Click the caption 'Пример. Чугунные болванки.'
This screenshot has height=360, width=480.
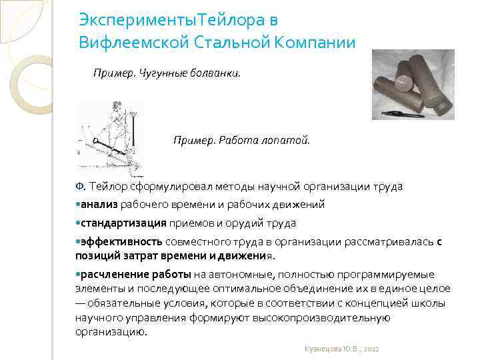coord(167,72)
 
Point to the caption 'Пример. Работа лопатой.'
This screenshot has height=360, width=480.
coord(241,141)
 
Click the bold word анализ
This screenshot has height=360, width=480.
coord(99,205)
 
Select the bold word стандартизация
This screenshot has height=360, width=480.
coord(123,223)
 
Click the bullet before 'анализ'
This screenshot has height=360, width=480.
coord(78,205)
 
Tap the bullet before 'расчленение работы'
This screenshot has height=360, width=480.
coord(78,274)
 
